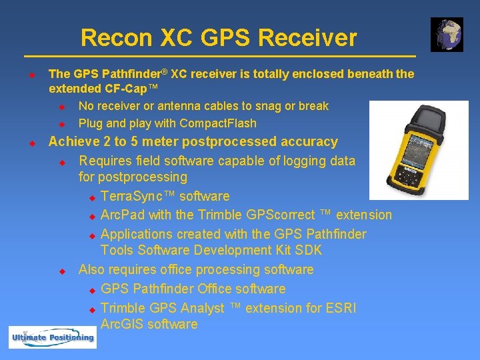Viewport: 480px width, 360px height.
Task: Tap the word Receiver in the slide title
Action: (307, 38)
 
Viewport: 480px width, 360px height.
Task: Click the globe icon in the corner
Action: (447, 35)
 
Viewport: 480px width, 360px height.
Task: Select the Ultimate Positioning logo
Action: (52, 337)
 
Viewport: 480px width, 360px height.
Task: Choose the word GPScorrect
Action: (257, 215)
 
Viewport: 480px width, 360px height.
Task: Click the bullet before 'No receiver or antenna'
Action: (62, 107)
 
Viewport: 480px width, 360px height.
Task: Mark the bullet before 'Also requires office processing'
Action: (62, 271)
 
